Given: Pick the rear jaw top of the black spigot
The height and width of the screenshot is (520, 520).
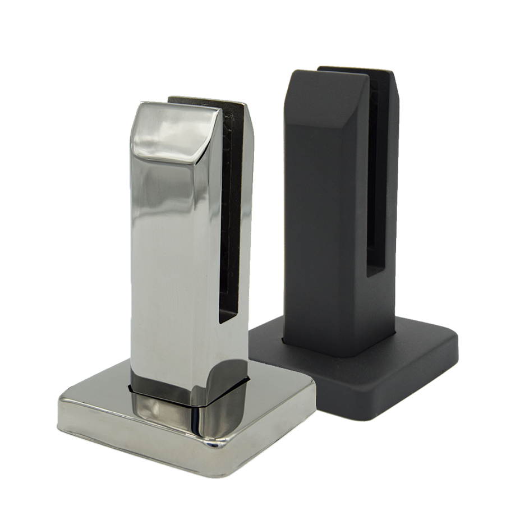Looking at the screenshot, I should (359, 71).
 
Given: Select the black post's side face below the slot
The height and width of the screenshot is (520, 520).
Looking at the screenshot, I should (381, 309).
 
